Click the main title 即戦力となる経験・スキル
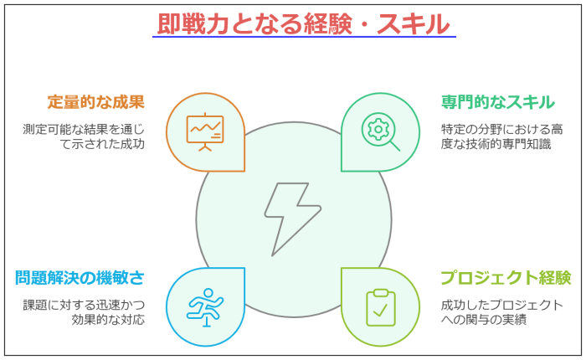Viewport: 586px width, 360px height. [x=303, y=24]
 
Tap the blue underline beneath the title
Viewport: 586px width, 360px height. [x=304, y=37]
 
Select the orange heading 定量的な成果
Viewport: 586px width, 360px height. [x=96, y=102]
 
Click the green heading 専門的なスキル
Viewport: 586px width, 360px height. [x=498, y=102]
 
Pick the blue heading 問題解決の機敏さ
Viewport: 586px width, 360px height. [x=80, y=278]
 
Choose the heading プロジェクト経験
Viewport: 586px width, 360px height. [x=506, y=278]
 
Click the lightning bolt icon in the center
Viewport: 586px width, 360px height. [x=293, y=219]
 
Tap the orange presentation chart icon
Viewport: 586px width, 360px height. [x=205, y=131]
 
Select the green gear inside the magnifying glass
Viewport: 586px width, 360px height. [x=378, y=129]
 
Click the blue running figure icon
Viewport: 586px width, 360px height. [x=205, y=307]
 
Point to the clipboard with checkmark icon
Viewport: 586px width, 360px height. [x=381, y=307]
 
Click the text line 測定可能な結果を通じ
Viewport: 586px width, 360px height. [x=84, y=129]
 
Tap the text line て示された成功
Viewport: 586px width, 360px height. [x=102, y=144]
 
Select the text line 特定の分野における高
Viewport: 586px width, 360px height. [x=502, y=129]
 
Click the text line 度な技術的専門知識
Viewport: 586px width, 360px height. [x=496, y=144]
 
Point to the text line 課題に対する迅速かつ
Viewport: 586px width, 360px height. [x=84, y=305]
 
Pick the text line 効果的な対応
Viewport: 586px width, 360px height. [x=108, y=320]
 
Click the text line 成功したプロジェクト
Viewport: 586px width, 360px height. [x=502, y=305]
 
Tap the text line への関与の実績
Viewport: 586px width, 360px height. [x=484, y=320]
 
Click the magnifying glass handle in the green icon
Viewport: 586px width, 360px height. [x=395, y=146]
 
